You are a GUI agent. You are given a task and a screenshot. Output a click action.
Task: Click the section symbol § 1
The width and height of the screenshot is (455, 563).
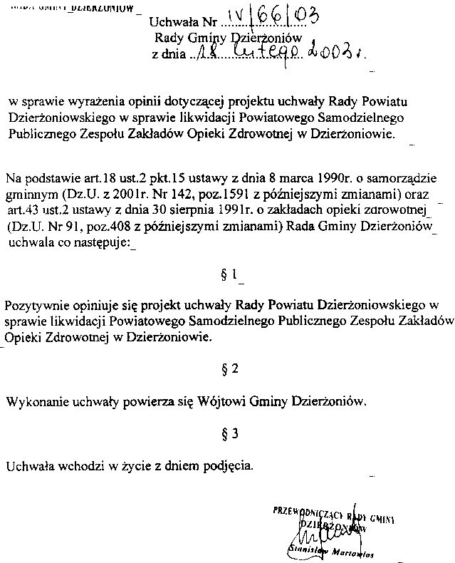coord(228,273)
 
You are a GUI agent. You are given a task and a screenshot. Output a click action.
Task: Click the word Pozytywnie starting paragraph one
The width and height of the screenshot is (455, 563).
coord(33,305)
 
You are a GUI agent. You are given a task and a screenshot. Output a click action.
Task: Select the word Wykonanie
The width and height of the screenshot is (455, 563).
coord(33,401)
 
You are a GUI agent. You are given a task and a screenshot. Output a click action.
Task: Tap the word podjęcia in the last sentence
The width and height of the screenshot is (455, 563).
coord(227,466)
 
